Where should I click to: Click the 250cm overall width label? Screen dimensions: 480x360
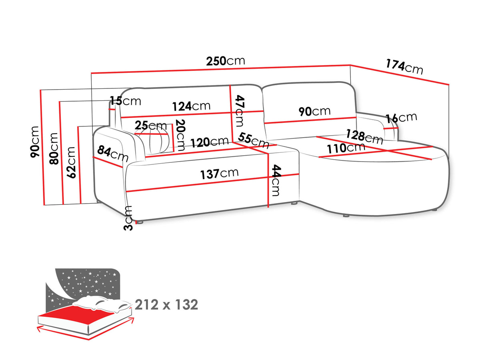226,61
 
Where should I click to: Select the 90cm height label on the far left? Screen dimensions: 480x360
35,142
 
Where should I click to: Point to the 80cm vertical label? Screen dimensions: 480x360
54,148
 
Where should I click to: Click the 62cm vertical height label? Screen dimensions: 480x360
71,162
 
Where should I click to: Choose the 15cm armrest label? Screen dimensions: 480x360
125,101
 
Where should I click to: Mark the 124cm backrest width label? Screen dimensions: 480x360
191,106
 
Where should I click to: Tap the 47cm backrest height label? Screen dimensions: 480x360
240,111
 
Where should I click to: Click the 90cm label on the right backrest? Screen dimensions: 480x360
314,111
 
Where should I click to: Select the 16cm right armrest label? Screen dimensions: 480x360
401,118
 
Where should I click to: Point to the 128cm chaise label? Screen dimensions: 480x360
365,137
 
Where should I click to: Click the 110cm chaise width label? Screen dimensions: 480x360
346,148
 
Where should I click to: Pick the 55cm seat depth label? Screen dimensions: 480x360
254,140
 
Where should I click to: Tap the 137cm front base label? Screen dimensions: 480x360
219,174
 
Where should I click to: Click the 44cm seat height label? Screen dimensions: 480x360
276,180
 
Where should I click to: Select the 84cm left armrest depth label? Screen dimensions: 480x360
113,154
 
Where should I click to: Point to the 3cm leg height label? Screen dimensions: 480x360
128,218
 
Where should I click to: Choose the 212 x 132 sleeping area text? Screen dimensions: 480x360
166,305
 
